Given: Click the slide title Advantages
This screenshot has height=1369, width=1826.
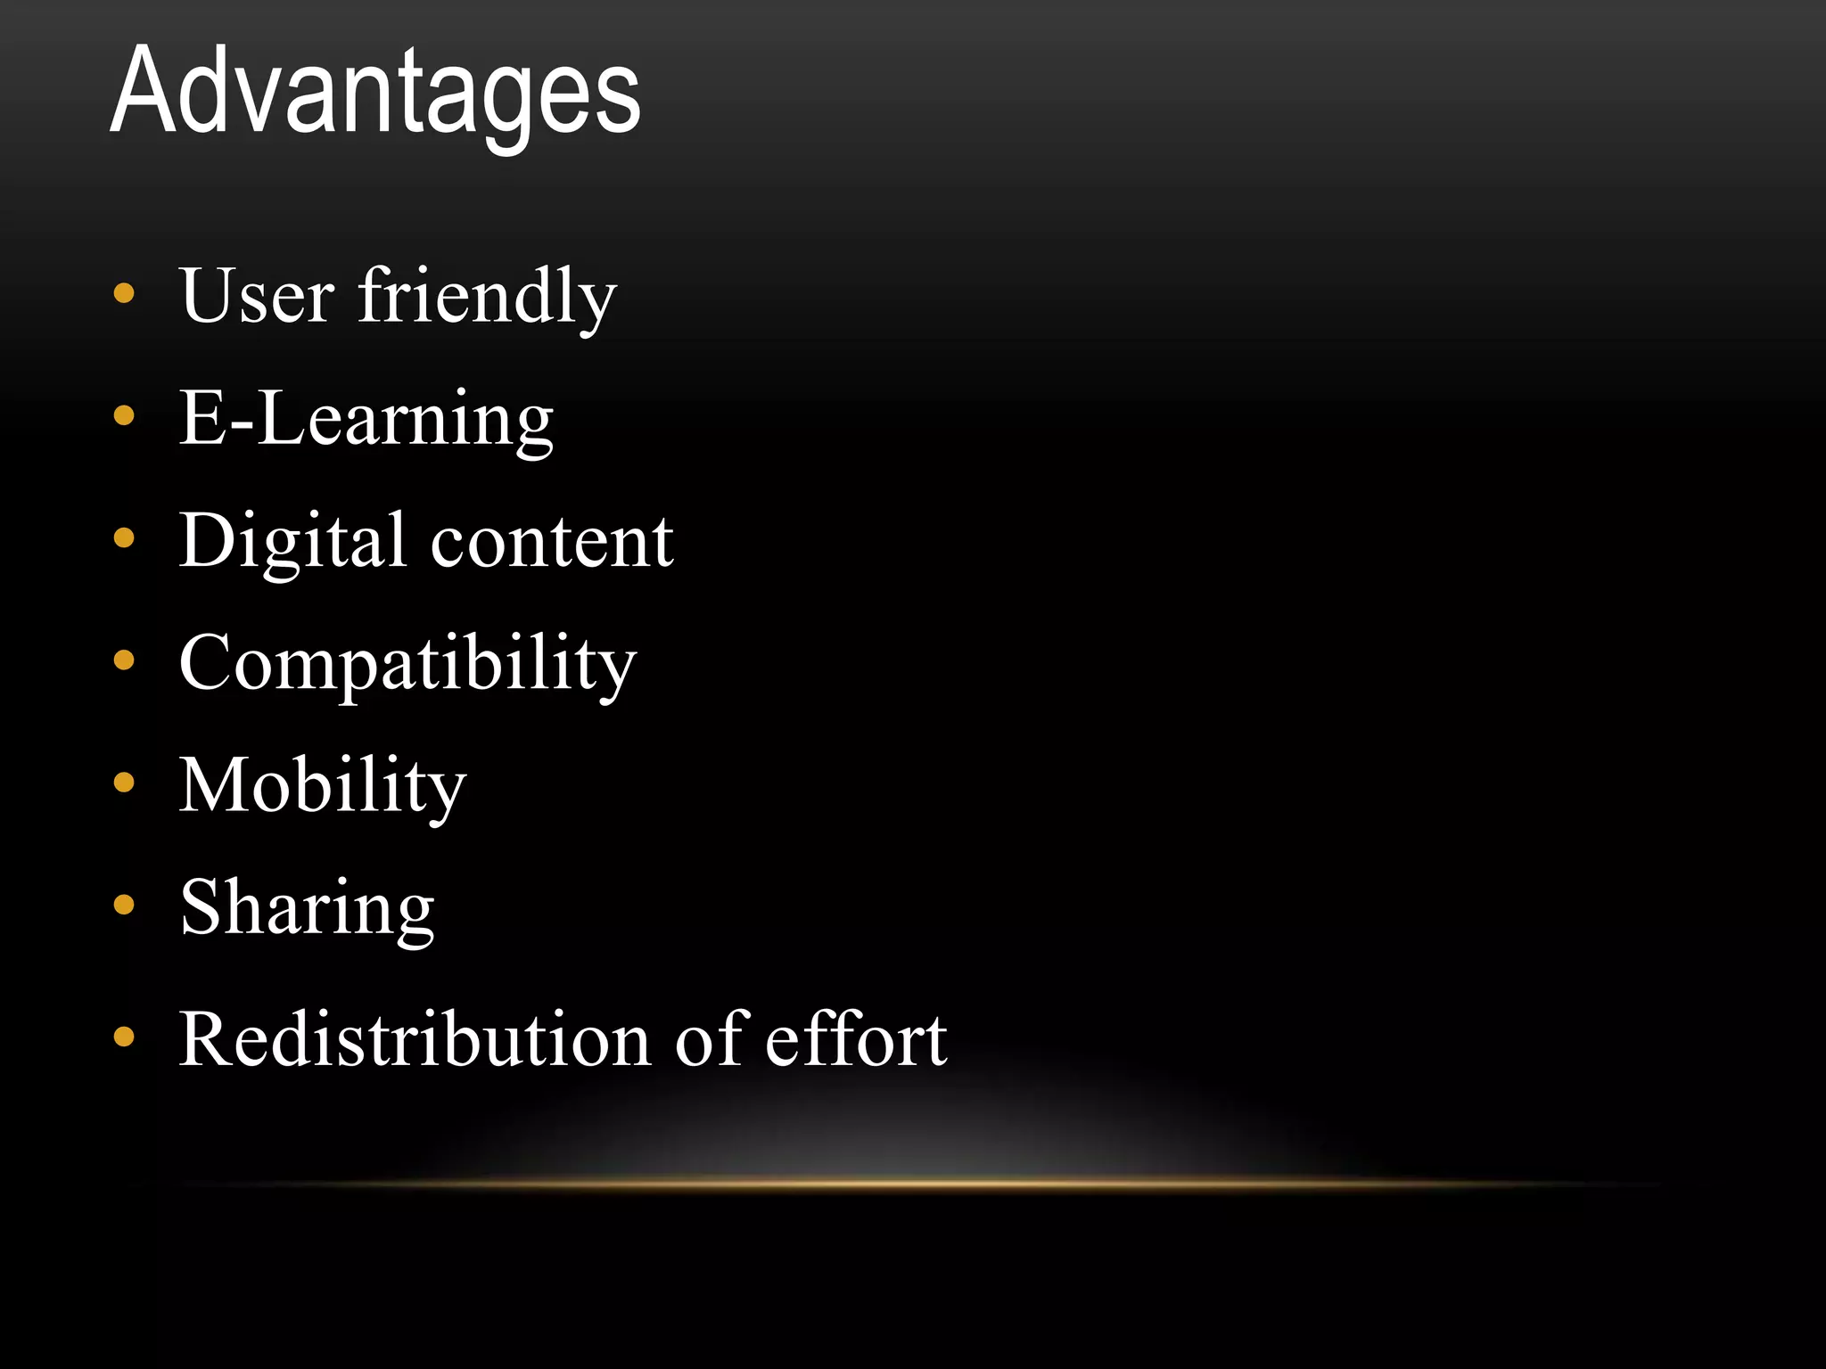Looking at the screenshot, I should (375, 93).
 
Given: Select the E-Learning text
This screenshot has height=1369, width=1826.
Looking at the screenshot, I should (366, 418).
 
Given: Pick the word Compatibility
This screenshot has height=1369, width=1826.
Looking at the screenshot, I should (407, 664).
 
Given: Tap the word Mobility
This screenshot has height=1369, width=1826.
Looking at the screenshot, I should (322, 786).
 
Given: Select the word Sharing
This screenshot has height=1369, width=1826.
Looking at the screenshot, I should (307, 908).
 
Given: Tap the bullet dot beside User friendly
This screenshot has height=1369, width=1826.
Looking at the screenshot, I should (124, 293).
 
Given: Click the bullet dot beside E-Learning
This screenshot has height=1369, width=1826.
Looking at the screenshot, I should (124, 415).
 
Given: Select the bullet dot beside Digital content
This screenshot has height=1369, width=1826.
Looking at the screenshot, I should (124, 537).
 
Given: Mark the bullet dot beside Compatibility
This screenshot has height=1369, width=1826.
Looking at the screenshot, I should (124, 660).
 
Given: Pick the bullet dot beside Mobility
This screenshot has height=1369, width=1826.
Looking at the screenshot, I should (124, 783).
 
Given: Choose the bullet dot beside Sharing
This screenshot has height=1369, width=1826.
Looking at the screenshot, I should (124, 906).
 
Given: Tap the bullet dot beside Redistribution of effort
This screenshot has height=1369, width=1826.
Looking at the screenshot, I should (124, 1037).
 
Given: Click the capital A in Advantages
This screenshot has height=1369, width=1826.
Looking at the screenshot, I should (145, 91).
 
